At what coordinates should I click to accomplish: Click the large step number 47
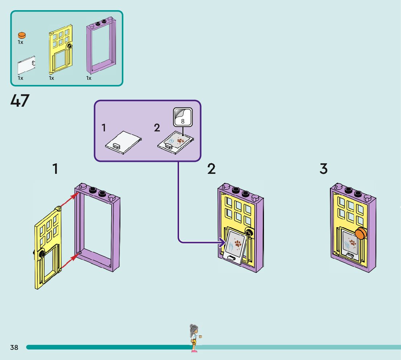click(x=20, y=101)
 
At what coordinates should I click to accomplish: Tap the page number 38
click(x=14, y=347)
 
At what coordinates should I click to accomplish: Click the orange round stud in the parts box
click(x=22, y=35)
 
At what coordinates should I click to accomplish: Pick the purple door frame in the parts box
click(x=101, y=46)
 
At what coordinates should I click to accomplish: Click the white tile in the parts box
click(x=26, y=65)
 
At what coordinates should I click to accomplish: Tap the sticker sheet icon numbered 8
click(x=183, y=117)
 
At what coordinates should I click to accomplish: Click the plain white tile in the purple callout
click(x=124, y=142)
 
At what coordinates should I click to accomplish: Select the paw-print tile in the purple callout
click(x=176, y=142)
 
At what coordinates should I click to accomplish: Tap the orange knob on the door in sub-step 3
click(x=361, y=233)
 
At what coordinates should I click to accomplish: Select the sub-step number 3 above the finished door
click(x=323, y=169)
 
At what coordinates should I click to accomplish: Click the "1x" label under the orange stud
click(x=20, y=42)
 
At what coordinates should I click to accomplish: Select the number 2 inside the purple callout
click(x=157, y=127)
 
